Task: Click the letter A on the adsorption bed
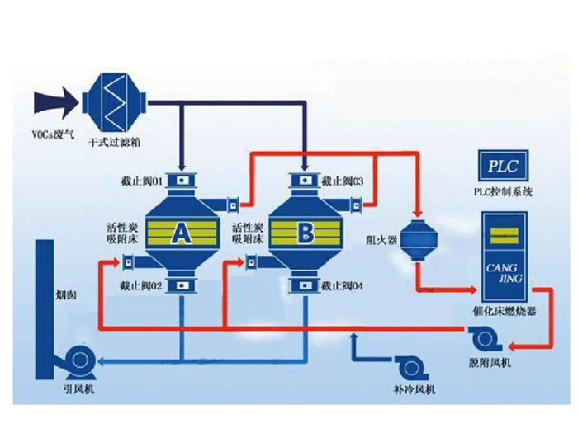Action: [180, 235]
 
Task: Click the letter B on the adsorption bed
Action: [306, 234]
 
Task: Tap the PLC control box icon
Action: [503, 166]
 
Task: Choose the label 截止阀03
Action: [343, 179]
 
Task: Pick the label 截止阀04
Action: [343, 285]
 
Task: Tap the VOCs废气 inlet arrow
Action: [55, 102]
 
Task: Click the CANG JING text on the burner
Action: [502, 273]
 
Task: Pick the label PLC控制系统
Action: [504, 192]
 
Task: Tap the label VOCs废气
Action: [49, 132]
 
